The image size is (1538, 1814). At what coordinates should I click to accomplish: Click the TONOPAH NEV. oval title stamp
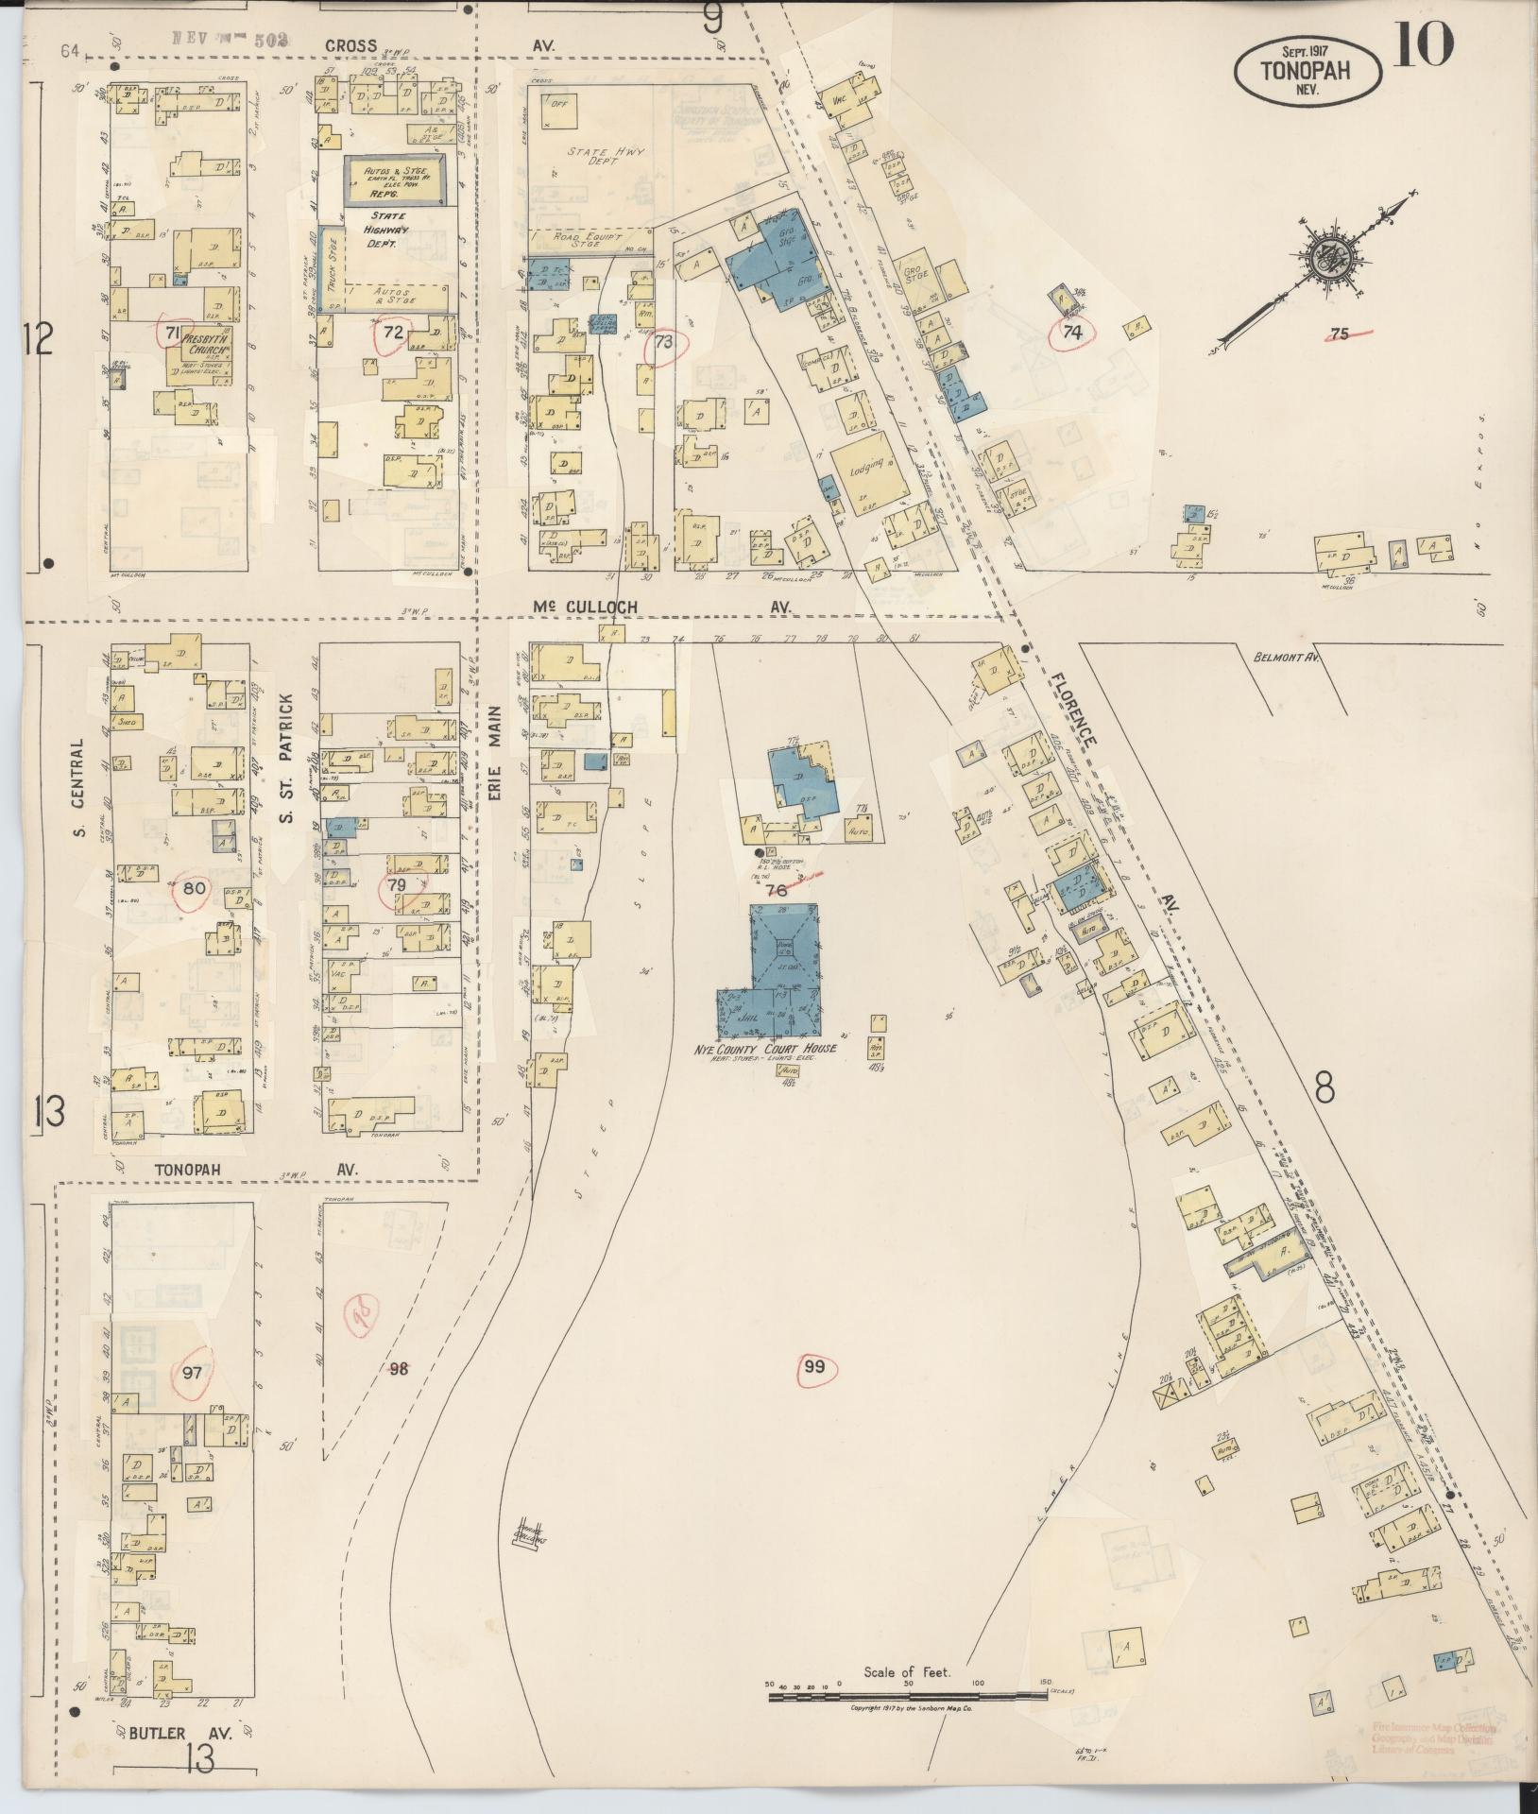tap(1307, 69)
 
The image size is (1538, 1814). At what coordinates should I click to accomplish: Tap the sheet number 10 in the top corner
tap(1422, 45)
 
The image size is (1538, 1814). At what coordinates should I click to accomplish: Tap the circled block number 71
tap(173, 332)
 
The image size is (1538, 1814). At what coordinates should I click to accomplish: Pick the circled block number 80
tap(194, 888)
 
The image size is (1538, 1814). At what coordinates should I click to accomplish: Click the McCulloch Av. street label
tap(661, 607)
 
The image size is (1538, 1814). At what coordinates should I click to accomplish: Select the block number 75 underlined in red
tap(1339, 334)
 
